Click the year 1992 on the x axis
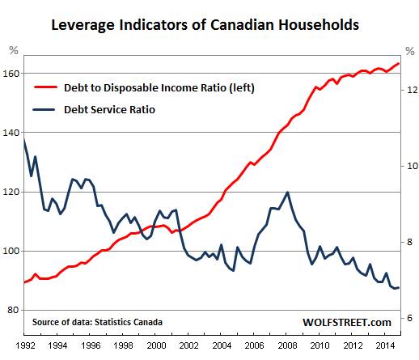(25, 345)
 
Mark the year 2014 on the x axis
(386, 345)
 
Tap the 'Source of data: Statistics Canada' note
(97, 322)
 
